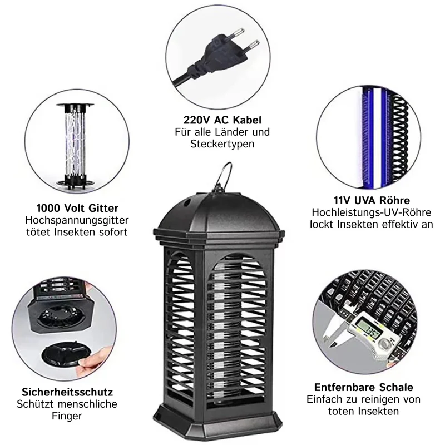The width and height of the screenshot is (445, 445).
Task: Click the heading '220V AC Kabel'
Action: click(222, 120)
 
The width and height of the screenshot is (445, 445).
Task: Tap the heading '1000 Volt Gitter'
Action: click(77, 208)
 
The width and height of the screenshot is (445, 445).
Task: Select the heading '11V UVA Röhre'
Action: click(372, 200)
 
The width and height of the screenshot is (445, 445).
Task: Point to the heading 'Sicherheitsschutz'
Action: click(67, 392)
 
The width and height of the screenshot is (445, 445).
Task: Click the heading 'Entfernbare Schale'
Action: click(364, 387)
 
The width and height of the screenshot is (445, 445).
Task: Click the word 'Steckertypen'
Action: click(222, 144)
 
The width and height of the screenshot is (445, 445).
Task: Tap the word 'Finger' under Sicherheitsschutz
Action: click(67, 416)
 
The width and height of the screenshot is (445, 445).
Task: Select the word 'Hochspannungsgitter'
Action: click(77, 220)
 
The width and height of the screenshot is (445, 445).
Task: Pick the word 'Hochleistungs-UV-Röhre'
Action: click(371, 212)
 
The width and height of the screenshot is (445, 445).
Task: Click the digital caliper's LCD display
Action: click(368, 329)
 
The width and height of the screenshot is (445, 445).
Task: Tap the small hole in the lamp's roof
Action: click(187, 202)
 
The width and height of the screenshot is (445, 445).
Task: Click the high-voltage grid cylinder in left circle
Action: click(75, 145)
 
